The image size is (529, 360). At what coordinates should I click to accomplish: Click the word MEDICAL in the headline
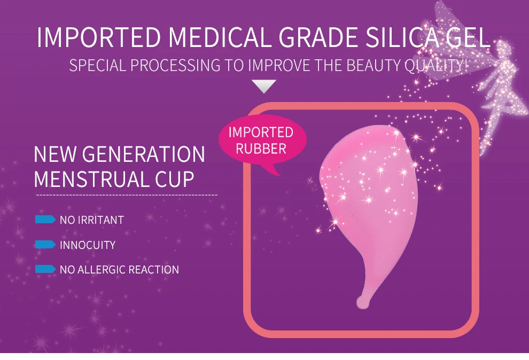coord(220,37)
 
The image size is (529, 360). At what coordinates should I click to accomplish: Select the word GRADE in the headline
coord(318,37)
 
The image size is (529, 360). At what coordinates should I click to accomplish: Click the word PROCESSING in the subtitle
coord(175,65)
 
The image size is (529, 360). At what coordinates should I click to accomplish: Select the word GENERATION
coord(143,154)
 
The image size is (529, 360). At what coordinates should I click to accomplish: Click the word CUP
coord(174,179)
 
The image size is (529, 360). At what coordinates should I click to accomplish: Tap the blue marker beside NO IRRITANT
coord(45,220)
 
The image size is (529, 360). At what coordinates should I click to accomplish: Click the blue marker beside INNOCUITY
coord(45,245)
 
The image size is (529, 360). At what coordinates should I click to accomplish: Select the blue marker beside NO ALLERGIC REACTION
coord(45,269)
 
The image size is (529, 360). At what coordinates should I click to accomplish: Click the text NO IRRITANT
coord(92,220)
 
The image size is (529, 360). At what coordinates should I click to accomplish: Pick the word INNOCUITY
coord(88,245)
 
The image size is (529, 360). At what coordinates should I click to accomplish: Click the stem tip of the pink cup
coord(362,303)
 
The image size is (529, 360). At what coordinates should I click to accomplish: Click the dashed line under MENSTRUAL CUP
coord(127,195)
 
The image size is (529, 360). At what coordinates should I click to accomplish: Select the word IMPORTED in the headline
coord(99,37)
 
